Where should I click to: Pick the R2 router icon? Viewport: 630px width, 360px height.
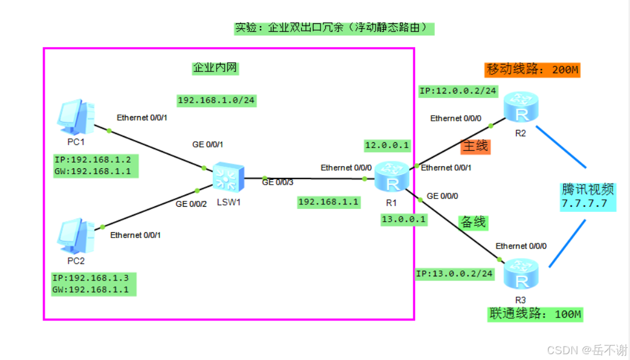pos(520,107)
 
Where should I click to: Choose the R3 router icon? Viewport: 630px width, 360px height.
pos(521,275)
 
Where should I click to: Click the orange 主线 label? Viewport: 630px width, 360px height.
pos(475,146)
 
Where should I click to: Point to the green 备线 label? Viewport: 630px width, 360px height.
pos(473,222)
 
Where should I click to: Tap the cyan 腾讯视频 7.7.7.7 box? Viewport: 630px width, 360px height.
pos(588,196)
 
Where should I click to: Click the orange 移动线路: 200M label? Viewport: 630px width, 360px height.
pos(532,70)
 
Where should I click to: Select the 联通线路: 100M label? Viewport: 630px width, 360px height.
pos(535,315)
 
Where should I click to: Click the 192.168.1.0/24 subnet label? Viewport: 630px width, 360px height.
pos(216,100)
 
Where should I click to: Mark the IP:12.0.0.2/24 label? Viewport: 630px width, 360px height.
pos(458,91)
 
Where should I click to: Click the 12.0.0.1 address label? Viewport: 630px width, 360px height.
pos(387,145)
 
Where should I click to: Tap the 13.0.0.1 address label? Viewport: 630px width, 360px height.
pos(404,219)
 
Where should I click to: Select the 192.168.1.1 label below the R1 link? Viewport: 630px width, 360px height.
pos(328,201)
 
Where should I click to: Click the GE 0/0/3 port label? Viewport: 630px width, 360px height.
pos(277,182)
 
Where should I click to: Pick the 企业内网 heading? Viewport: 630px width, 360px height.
pos(215,68)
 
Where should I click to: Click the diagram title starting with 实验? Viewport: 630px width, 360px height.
pos(334,27)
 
